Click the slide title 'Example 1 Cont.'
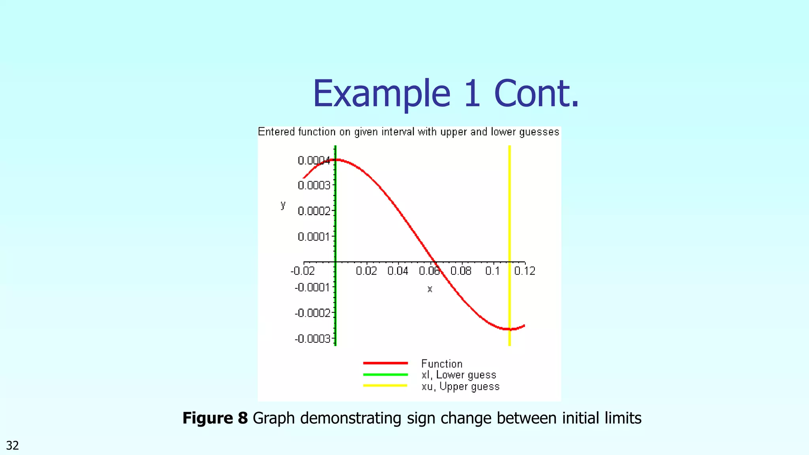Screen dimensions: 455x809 click(446, 94)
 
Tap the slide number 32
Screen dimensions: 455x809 click(13, 446)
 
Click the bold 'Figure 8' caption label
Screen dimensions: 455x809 click(215, 418)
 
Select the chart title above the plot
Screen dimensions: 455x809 click(408, 132)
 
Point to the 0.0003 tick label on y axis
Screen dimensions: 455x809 click(314, 185)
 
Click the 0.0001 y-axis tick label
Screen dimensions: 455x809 click(314, 237)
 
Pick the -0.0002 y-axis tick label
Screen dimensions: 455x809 click(312, 313)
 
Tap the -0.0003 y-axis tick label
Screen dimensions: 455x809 click(312, 339)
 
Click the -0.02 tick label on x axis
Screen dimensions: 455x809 click(303, 271)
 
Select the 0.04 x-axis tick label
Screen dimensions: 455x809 click(398, 271)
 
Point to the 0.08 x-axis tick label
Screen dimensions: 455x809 click(461, 271)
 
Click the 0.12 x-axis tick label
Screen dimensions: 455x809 click(525, 271)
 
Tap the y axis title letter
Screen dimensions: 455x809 click(283, 205)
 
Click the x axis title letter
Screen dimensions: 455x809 click(430, 290)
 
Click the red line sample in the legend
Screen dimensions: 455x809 click(385, 363)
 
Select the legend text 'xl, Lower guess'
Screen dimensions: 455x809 click(459, 375)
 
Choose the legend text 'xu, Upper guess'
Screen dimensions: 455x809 click(460, 386)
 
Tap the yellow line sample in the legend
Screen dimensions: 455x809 click(385, 385)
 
